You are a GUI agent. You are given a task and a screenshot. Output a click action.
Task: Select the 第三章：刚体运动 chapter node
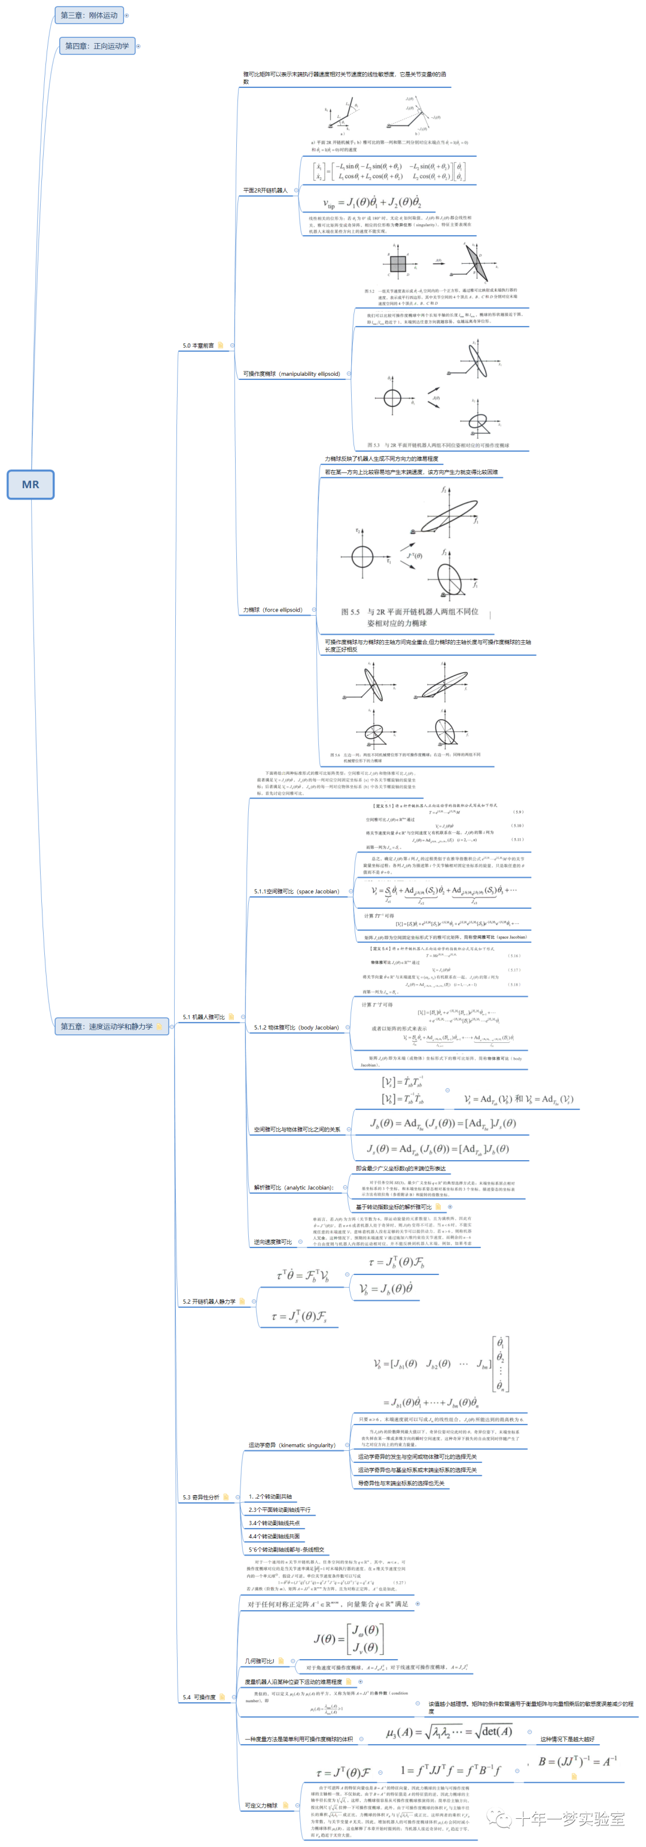click(89, 15)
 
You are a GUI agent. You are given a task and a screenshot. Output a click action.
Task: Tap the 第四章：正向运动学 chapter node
click(97, 46)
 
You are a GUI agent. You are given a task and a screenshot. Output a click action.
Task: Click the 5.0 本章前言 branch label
click(198, 346)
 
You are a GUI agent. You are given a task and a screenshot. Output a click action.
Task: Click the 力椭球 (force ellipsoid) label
click(272, 610)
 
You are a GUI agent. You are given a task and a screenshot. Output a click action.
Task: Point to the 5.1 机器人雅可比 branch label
click(203, 1017)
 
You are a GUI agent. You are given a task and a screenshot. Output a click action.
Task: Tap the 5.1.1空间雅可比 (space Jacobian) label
click(296, 891)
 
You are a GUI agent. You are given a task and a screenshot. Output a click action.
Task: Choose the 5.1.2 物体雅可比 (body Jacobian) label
click(296, 1027)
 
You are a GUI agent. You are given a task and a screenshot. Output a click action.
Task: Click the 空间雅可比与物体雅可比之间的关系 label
click(297, 1129)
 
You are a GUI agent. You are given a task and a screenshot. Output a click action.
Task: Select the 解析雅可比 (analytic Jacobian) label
click(293, 1187)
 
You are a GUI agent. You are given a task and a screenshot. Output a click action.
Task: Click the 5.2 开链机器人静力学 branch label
click(209, 1301)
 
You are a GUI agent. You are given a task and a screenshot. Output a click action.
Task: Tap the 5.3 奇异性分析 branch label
click(201, 1497)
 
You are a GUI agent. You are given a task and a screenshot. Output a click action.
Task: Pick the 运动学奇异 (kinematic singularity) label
click(292, 1445)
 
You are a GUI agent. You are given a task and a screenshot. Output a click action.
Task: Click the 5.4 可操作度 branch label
click(199, 1697)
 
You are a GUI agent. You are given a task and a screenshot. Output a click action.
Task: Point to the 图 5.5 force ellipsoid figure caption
click(409, 617)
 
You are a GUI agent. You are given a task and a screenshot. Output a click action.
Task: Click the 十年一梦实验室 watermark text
click(569, 1818)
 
